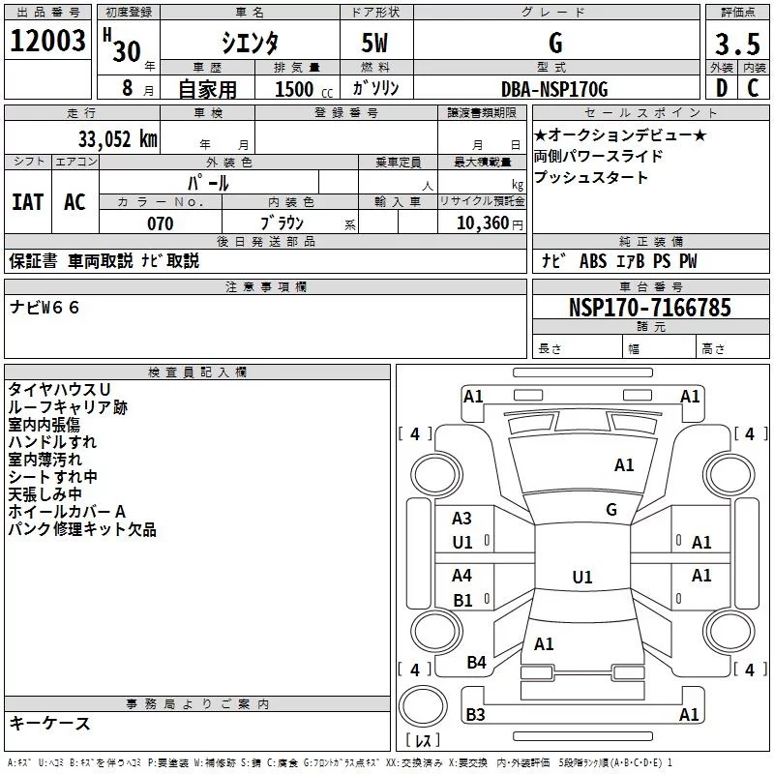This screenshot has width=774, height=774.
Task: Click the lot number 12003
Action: (48, 42)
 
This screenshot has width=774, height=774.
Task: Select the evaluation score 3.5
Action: (737, 45)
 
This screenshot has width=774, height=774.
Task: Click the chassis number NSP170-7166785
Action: (649, 308)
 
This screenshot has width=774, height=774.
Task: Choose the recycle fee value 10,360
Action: (481, 223)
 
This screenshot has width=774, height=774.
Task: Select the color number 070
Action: (160, 223)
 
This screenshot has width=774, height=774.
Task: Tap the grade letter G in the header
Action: (554, 43)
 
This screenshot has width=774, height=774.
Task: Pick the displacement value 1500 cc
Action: (294, 89)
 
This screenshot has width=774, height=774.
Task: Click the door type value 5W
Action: (375, 43)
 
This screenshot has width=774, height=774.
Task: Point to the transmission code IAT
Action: (27, 201)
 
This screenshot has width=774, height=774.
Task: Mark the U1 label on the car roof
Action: (581, 578)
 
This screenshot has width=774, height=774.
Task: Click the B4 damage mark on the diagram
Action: (476, 662)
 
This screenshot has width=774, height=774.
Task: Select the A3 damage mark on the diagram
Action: (462, 519)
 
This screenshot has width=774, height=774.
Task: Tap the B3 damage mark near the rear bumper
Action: (475, 715)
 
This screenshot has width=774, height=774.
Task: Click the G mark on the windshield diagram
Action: (611, 509)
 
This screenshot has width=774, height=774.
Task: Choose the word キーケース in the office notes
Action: (49, 723)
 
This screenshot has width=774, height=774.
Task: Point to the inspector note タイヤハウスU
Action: (59, 389)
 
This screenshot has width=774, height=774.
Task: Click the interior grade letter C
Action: (753, 89)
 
